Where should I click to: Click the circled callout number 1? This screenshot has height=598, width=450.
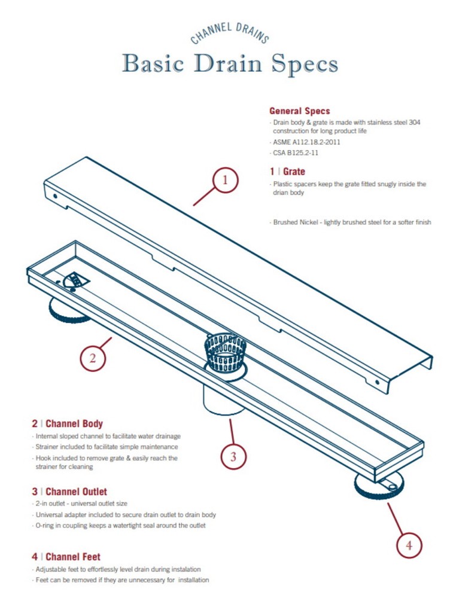(224, 179)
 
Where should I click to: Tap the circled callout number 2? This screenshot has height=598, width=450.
(93, 359)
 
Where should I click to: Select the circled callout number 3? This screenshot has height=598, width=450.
(233, 457)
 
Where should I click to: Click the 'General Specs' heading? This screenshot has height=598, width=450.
(299, 111)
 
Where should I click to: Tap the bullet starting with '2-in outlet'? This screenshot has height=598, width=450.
(82, 504)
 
